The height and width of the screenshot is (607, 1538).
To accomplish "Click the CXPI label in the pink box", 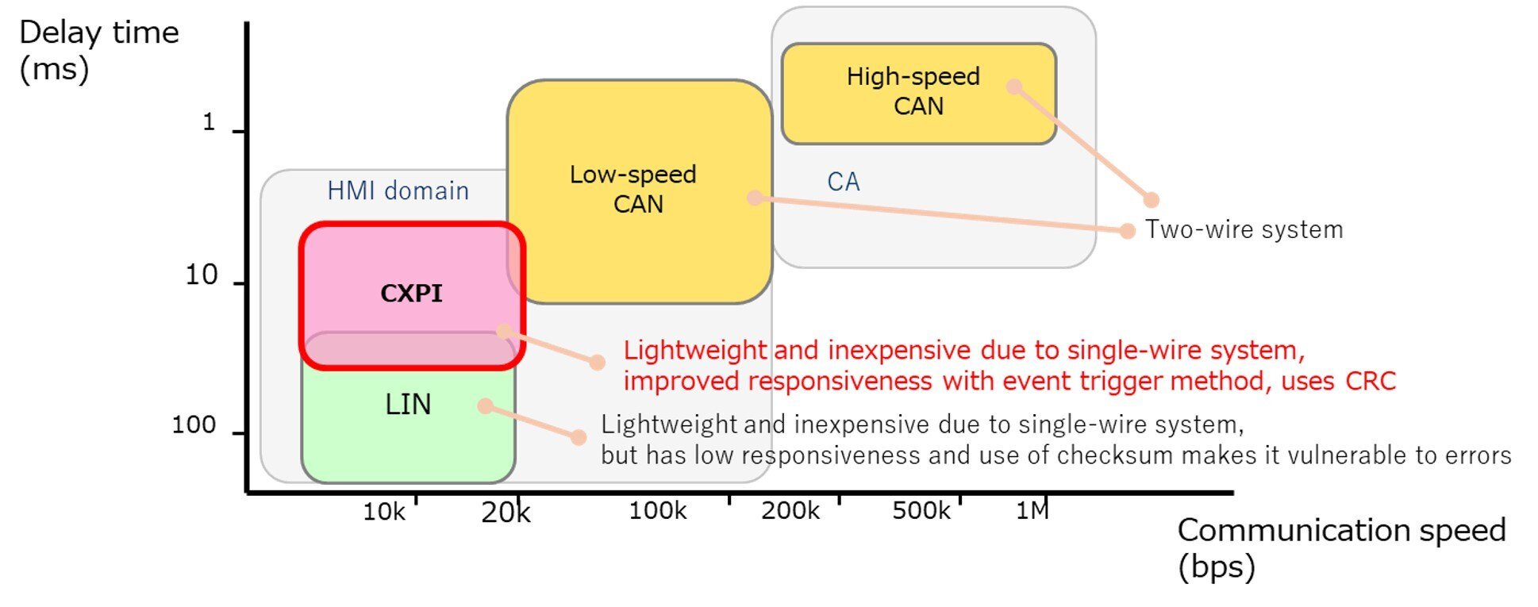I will pyautogui.click(x=411, y=294).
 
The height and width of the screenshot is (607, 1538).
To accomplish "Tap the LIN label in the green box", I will pyautogui.click(x=408, y=405).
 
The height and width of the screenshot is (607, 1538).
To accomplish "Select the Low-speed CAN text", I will pyautogui.click(x=634, y=189).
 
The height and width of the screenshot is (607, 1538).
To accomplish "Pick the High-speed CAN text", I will pyautogui.click(x=914, y=91).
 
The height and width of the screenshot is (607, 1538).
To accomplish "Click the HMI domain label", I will pyautogui.click(x=398, y=191).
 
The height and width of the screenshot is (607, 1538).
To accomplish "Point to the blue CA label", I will pyautogui.click(x=843, y=182).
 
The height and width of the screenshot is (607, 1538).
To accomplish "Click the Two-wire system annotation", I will pyautogui.click(x=1244, y=230).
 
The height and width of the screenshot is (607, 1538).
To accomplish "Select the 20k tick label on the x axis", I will pyautogui.click(x=506, y=513).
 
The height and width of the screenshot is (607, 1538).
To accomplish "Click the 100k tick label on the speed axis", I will pyautogui.click(x=658, y=511).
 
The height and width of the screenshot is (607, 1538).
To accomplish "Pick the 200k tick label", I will pyautogui.click(x=790, y=511).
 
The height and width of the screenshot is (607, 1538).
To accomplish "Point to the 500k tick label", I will pyautogui.click(x=921, y=511).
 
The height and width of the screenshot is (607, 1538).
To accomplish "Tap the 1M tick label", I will pyautogui.click(x=1032, y=511).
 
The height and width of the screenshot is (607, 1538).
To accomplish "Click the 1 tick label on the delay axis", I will pyautogui.click(x=209, y=122).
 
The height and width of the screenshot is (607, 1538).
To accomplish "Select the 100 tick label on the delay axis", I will pyautogui.click(x=194, y=425).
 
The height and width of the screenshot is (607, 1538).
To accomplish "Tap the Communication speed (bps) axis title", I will pyautogui.click(x=1340, y=547).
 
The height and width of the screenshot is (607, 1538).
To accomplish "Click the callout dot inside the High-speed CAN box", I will pyautogui.click(x=1014, y=86).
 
